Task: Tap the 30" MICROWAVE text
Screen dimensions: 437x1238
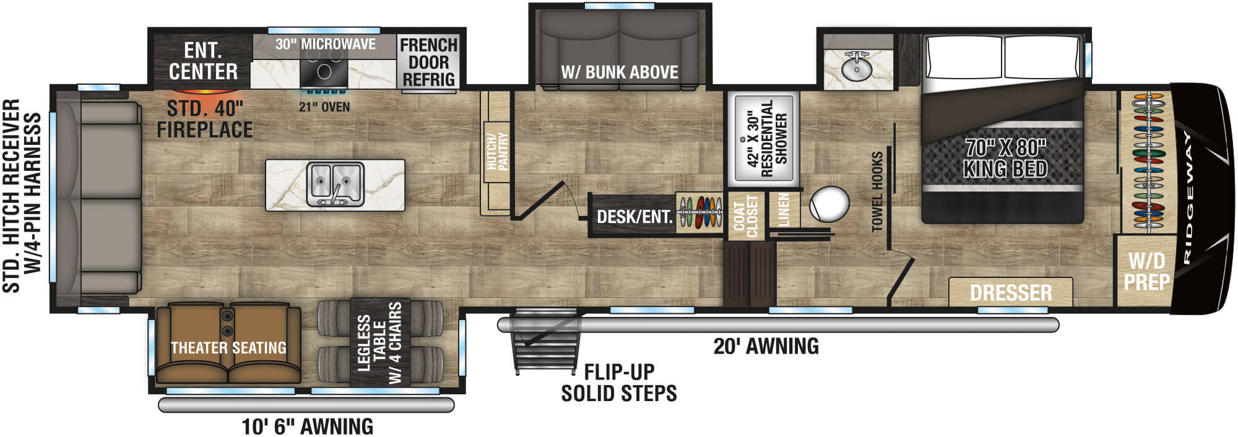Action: [326, 44]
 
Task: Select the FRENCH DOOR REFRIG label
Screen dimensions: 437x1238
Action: [428, 62]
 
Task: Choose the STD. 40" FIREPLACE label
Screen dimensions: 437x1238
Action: [205, 119]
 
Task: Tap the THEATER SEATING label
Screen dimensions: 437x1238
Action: [228, 348]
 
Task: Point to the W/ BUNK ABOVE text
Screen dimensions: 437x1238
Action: [620, 72]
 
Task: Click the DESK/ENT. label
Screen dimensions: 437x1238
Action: [634, 217]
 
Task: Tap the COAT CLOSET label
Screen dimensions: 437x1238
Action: [745, 216]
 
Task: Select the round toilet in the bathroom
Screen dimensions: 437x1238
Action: [829, 204]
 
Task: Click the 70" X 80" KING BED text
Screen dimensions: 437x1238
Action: [1005, 158]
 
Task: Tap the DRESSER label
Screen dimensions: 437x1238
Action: [1010, 292]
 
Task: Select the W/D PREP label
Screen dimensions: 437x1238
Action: [1146, 271]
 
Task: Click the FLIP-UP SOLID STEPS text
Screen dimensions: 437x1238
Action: [619, 383]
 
